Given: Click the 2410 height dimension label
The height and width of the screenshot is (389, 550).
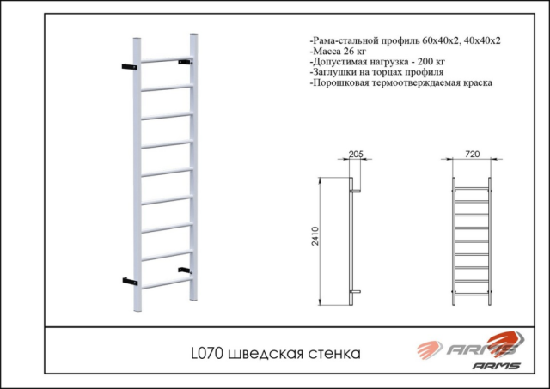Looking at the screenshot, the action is pos(315,236).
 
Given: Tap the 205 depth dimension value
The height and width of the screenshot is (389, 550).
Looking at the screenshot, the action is pos(356,154).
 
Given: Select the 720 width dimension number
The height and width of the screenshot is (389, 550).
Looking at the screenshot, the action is pos(472,154).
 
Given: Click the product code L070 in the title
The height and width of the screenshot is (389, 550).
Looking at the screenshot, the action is pos(207,353).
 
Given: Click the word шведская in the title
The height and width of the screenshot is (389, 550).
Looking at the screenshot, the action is pos(266,354).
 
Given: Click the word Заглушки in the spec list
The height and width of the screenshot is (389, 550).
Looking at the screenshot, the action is pos(329,72).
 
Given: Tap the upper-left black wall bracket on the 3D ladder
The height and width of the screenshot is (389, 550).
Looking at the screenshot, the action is pos(130,67).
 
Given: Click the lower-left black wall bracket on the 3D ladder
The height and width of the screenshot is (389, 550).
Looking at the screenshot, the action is pos(130,281).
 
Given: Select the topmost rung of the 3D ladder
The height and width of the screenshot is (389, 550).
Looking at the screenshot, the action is pos(167,59).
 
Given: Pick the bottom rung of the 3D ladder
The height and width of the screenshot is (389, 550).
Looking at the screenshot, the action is pos(167,283).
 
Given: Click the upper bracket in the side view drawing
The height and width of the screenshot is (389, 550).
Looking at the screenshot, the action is pos(356,191).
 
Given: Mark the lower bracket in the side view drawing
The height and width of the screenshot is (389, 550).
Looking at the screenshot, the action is pos(356,292).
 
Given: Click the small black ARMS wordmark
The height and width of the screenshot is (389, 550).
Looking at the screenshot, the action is pos(496,366).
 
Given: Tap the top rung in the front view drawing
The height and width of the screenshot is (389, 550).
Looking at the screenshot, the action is pos(472,189).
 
